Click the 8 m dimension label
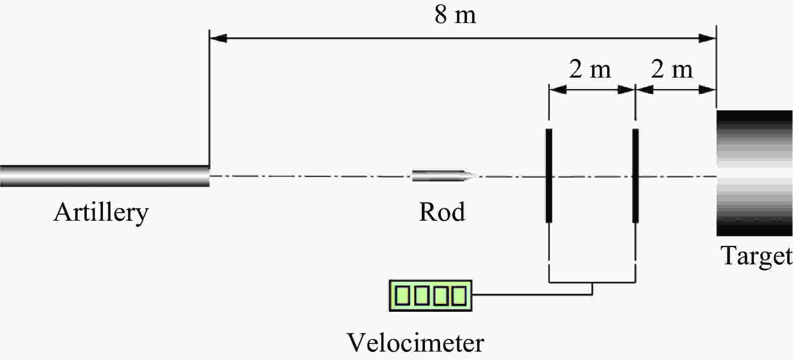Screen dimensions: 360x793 [x=455, y=16]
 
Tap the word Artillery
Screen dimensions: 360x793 [x=101, y=212]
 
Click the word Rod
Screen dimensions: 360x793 [x=442, y=211]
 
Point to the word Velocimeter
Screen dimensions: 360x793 [x=415, y=343]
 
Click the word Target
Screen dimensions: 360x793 [x=756, y=256]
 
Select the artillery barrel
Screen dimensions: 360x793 [x=105, y=176]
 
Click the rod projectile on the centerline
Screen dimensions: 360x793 [x=438, y=176]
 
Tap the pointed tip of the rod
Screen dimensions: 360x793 [x=473, y=176]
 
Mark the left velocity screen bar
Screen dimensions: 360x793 [x=549, y=175]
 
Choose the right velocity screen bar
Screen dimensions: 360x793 [x=636, y=175]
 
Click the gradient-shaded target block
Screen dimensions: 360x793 [x=754, y=173]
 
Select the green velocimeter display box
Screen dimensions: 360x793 [x=430, y=296]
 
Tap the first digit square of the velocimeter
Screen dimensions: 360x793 [x=402, y=296]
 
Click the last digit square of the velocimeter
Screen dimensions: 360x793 [x=459, y=296]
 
